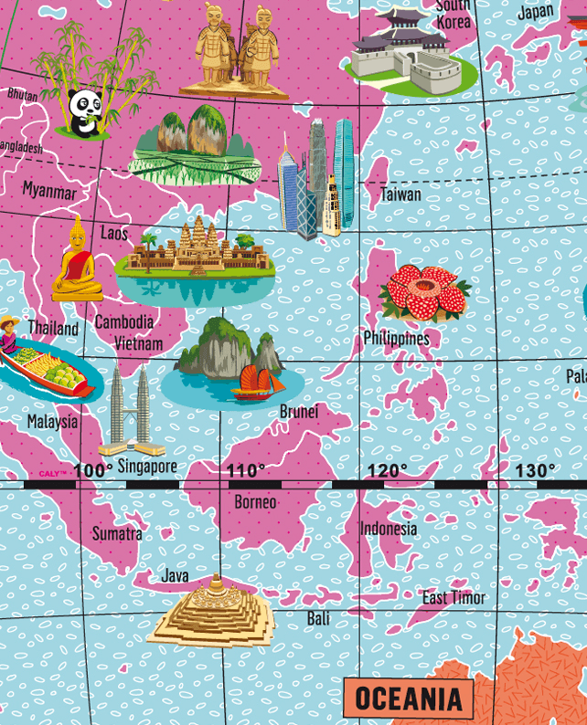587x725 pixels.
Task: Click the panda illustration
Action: click(84, 111)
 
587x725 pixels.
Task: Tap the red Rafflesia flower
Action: click(425, 292)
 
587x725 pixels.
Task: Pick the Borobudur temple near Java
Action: click(212, 610)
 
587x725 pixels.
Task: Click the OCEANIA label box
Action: click(408, 699)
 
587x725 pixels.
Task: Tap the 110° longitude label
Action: click(246, 471)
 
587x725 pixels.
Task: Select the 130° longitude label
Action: click(535, 471)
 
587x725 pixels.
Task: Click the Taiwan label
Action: click(400, 194)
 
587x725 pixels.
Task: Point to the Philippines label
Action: click(396, 338)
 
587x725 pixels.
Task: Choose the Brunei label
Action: click(299, 412)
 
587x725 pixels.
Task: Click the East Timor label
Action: click(454, 598)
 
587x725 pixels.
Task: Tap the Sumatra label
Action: click(117, 533)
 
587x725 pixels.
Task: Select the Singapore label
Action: click(147, 467)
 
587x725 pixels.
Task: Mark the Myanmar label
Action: click(49, 191)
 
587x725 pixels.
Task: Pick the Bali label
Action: click(318, 618)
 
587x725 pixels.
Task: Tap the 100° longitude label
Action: click(93, 471)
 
